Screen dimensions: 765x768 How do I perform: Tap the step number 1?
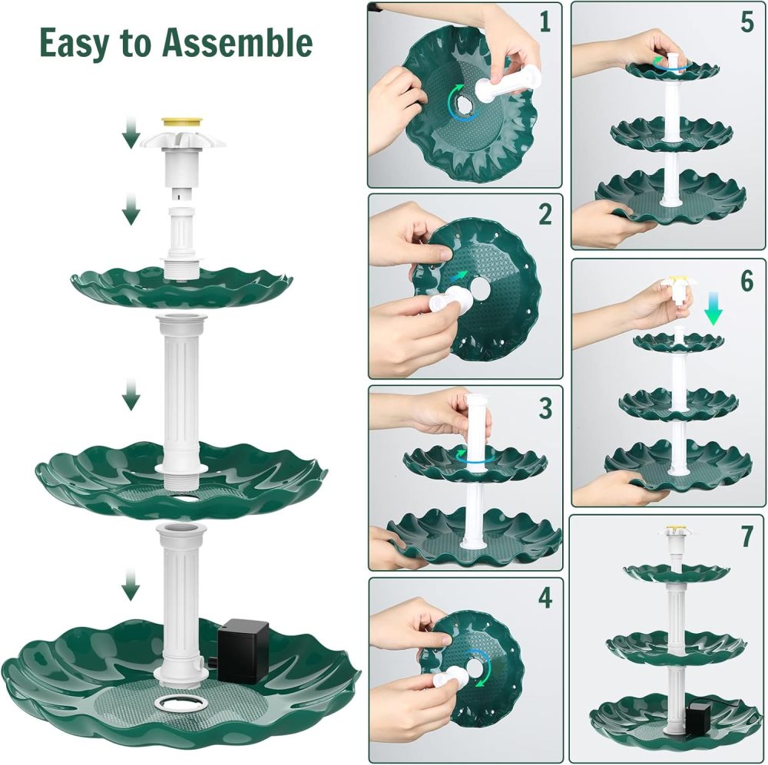pos(545,22)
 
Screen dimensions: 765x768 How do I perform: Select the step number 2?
pos(545,216)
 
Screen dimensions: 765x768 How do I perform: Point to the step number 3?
pos(545,408)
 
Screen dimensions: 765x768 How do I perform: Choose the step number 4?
pos(545,598)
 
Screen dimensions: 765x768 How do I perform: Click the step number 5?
pos(746,22)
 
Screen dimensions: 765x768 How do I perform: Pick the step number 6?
pos(746,281)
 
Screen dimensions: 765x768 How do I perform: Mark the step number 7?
pos(746,537)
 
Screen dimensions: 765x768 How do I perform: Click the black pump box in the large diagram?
pos(243,652)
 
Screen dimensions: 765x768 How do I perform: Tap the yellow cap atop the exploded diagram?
pos(182,122)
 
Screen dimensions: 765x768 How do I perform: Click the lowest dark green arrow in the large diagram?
pos(131,588)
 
